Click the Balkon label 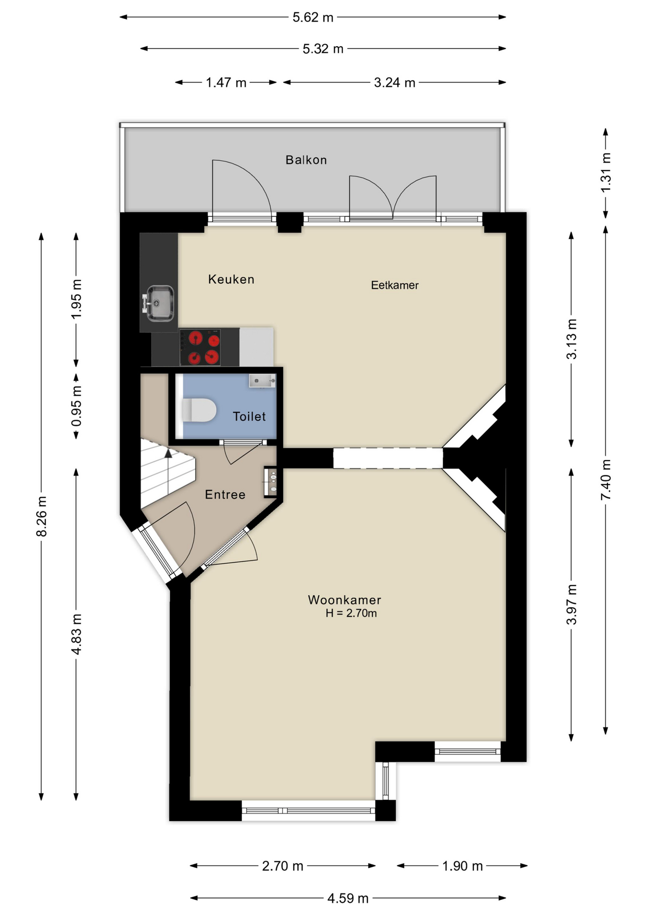(x=306, y=160)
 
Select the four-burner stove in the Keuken (x=200, y=347)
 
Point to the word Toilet (x=249, y=417)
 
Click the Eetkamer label (x=394, y=285)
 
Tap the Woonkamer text (x=344, y=600)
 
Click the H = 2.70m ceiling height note (x=351, y=613)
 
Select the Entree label (x=225, y=495)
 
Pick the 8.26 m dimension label (x=41, y=516)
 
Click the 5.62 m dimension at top (x=313, y=18)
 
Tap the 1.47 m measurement (x=226, y=83)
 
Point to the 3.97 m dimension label (x=571, y=604)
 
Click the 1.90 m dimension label (x=462, y=866)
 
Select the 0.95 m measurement (x=76, y=406)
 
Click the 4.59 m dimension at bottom (x=348, y=898)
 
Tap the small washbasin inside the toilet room (x=262, y=381)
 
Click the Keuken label (x=231, y=279)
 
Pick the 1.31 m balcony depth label (x=606, y=173)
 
